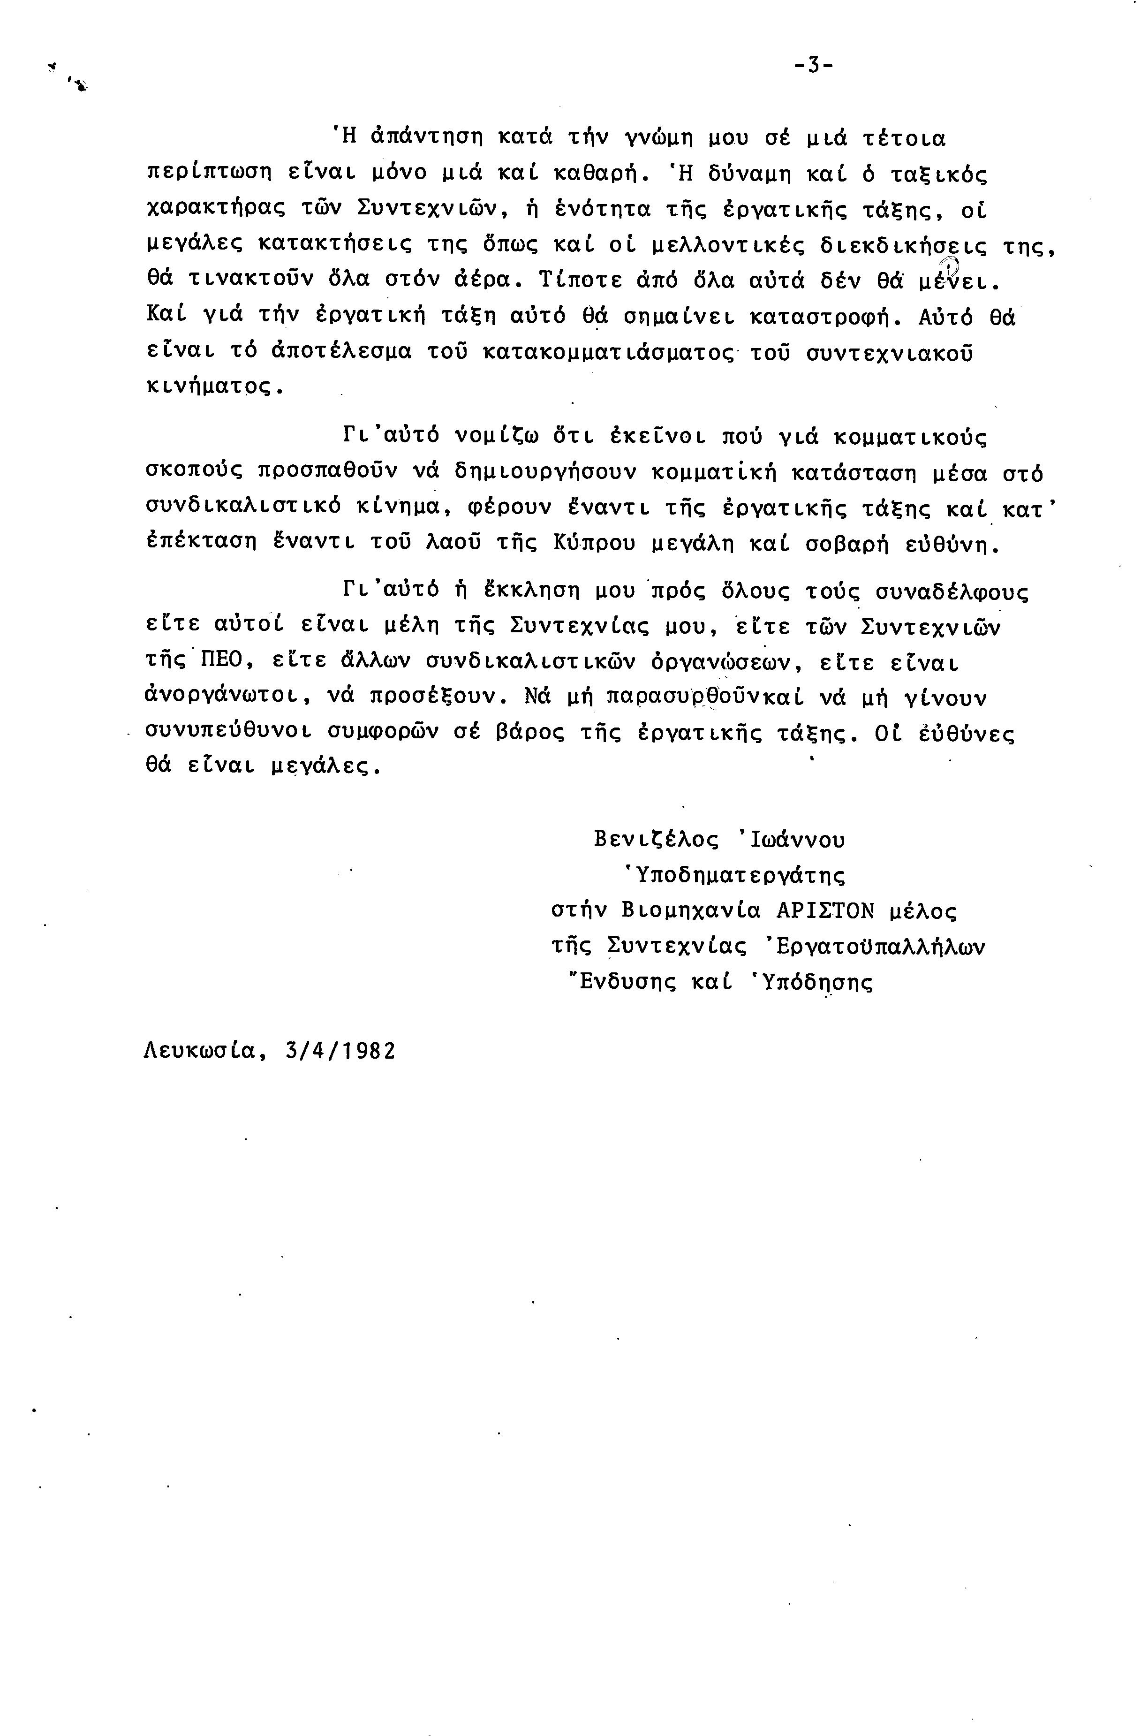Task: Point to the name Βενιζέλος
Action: pyautogui.click(x=656, y=840)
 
